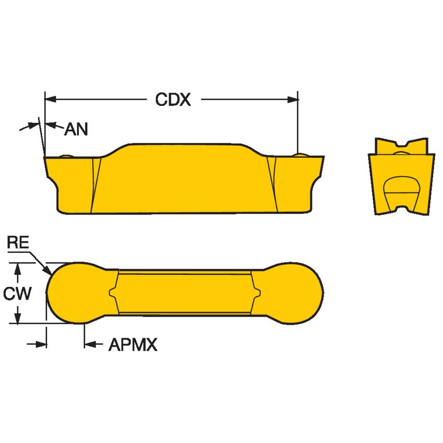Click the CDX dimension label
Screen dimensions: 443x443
click(173, 100)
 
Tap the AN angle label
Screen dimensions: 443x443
click(76, 129)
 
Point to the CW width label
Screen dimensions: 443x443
click(17, 294)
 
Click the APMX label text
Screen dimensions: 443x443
click(132, 345)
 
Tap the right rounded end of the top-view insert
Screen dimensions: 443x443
click(296, 293)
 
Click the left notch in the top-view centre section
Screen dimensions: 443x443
click(113, 293)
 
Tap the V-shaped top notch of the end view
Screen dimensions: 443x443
click(403, 143)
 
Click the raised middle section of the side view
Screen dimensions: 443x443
click(182, 176)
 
